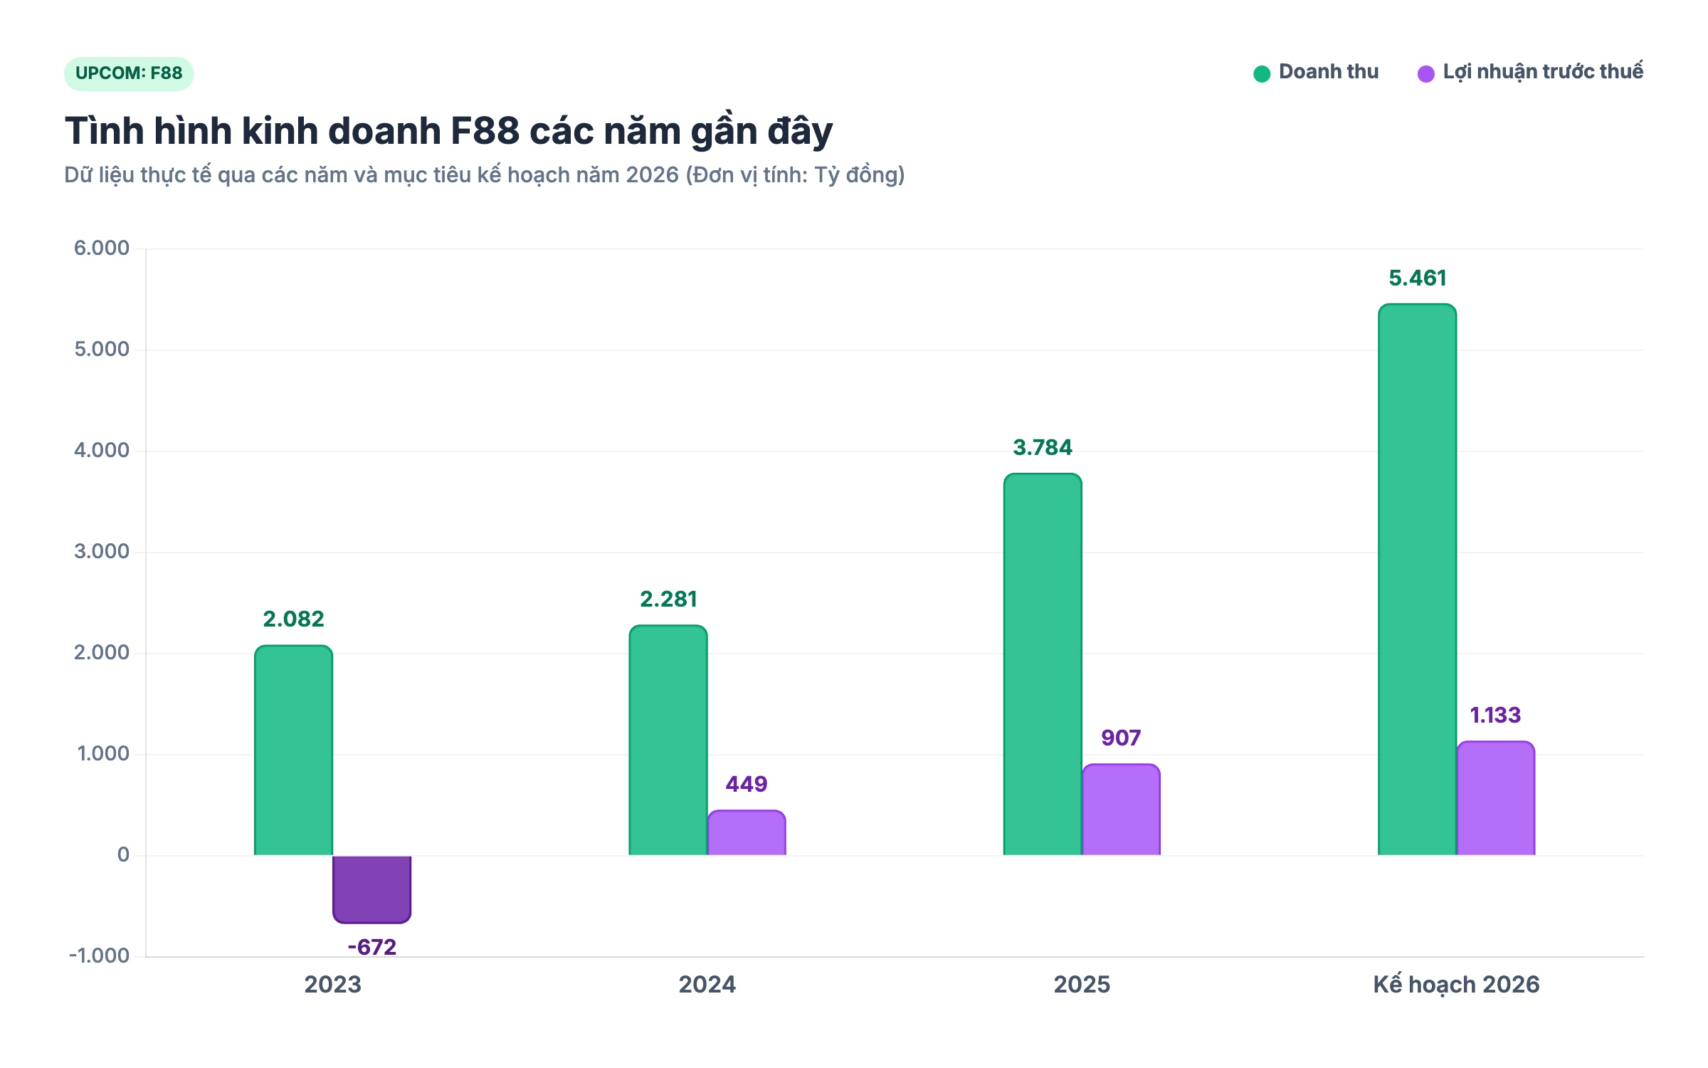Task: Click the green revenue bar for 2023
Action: pyautogui.click(x=293, y=750)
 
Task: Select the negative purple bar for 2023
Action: pyautogui.click(x=371, y=889)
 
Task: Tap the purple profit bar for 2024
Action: pyautogui.click(x=747, y=832)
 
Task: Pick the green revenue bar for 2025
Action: pyautogui.click(x=1043, y=664)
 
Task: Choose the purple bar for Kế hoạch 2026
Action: pyautogui.click(x=1495, y=798)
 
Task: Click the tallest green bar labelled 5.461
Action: pyautogui.click(x=1417, y=580)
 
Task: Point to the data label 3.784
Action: pyautogui.click(x=1043, y=447)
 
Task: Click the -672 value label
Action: pyautogui.click(x=371, y=947)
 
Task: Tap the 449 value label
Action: pyautogui.click(x=747, y=784)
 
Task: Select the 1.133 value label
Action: pyautogui.click(x=1495, y=715)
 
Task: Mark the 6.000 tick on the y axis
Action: pyautogui.click(x=102, y=248)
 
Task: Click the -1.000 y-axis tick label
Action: pyautogui.click(x=99, y=956)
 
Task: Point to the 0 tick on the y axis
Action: pyautogui.click(x=123, y=854)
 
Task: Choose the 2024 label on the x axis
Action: pyautogui.click(x=707, y=985)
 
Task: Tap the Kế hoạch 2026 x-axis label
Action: pyautogui.click(x=1456, y=985)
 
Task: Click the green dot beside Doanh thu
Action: pyautogui.click(x=1262, y=74)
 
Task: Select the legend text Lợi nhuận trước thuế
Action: pyautogui.click(x=1543, y=72)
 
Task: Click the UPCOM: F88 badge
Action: pyautogui.click(x=129, y=73)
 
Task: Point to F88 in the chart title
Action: pyautogui.click(x=485, y=131)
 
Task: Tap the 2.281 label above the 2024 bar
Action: pyautogui.click(x=668, y=599)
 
